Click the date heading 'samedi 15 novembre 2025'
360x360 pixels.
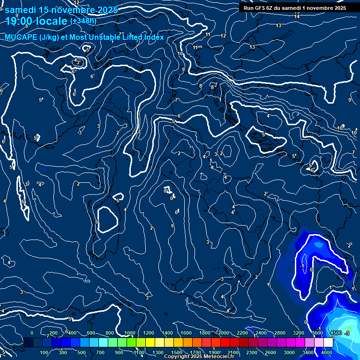coord(61,10)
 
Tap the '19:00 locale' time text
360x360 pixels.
coord(36,21)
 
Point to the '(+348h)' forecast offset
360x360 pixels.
coord(83,21)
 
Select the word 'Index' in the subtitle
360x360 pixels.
coord(153,37)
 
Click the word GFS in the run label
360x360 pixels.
coord(262,8)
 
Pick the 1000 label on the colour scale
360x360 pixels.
coord(130,333)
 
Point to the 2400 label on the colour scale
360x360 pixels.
coord(261,333)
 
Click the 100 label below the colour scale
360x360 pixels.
coord(45,352)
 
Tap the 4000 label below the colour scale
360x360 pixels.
coord(327,352)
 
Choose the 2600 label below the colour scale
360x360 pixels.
coord(270,352)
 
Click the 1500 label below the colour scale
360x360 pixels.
coord(177,352)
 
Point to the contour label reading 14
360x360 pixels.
coord(297,17)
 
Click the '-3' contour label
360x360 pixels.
coord(347,333)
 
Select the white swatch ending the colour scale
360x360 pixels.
coord(328,343)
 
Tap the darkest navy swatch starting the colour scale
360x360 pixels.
coord(28,343)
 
